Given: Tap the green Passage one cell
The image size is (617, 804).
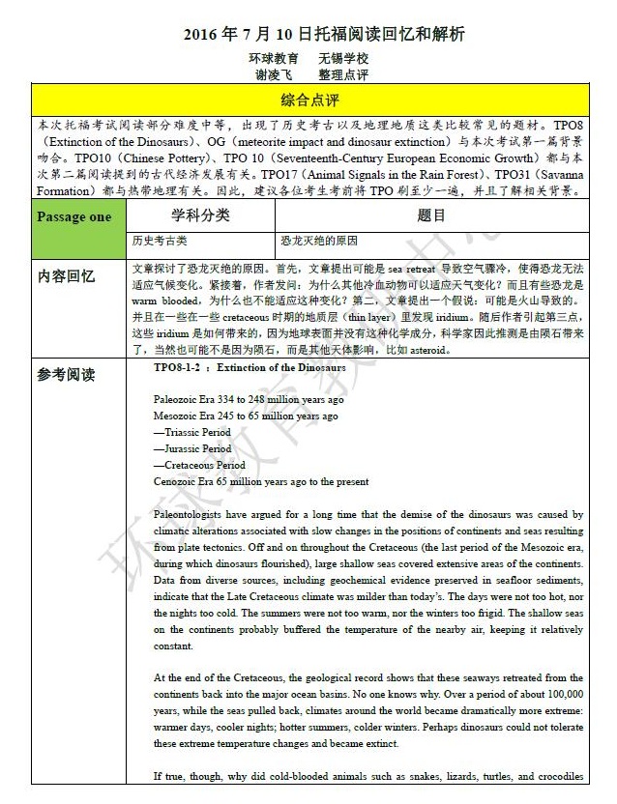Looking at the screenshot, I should point(73,216).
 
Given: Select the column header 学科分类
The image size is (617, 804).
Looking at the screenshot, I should point(200,215).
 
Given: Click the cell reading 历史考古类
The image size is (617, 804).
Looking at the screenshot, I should point(156,241).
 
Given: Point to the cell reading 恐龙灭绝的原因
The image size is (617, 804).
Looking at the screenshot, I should point(319,241).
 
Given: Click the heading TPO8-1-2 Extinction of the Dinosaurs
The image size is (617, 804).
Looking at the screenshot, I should point(250,368).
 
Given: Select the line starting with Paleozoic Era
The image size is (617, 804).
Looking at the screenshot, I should point(249,399).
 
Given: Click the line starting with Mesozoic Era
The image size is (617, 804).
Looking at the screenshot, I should point(246,416).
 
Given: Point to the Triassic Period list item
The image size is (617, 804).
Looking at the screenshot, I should point(192,432).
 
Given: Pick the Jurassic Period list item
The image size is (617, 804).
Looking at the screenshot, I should point(192,448).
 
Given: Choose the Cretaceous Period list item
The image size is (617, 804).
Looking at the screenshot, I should point(198,465).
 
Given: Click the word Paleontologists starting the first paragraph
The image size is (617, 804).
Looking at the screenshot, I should point(192,515).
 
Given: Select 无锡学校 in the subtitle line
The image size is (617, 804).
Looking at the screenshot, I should point(343,58).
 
